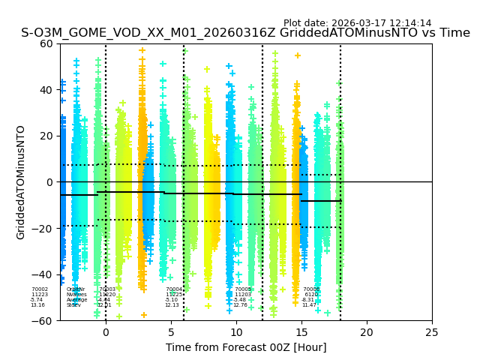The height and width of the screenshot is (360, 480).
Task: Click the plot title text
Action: (x=245, y=33)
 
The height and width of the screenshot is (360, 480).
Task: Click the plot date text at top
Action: (x=357, y=23)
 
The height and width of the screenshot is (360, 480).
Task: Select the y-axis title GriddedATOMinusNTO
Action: (x=21, y=182)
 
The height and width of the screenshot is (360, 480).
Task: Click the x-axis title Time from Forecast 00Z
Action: (x=246, y=347)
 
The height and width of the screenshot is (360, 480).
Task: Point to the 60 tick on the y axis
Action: (x=46, y=43)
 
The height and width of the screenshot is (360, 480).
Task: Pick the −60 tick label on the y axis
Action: (x=43, y=321)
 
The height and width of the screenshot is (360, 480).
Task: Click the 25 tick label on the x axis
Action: (x=432, y=332)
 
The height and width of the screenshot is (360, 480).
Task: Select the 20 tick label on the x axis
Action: (x=367, y=332)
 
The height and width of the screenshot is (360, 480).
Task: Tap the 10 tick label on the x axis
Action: (x=236, y=332)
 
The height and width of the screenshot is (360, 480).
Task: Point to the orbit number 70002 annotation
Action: (x=40, y=289)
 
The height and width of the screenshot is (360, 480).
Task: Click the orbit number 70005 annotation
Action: (x=243, y=289)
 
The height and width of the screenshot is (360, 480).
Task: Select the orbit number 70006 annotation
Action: (x=311, y=289)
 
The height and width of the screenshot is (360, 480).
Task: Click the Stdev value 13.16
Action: (x=37, y=305)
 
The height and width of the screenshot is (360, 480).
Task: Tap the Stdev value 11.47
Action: (x=309, y=305)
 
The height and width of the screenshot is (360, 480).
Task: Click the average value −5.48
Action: (x=240, y=300)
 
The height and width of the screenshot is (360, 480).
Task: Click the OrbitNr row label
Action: (x=76, y=289)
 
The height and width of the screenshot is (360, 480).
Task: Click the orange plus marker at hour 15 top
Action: (x=298, y=55)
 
